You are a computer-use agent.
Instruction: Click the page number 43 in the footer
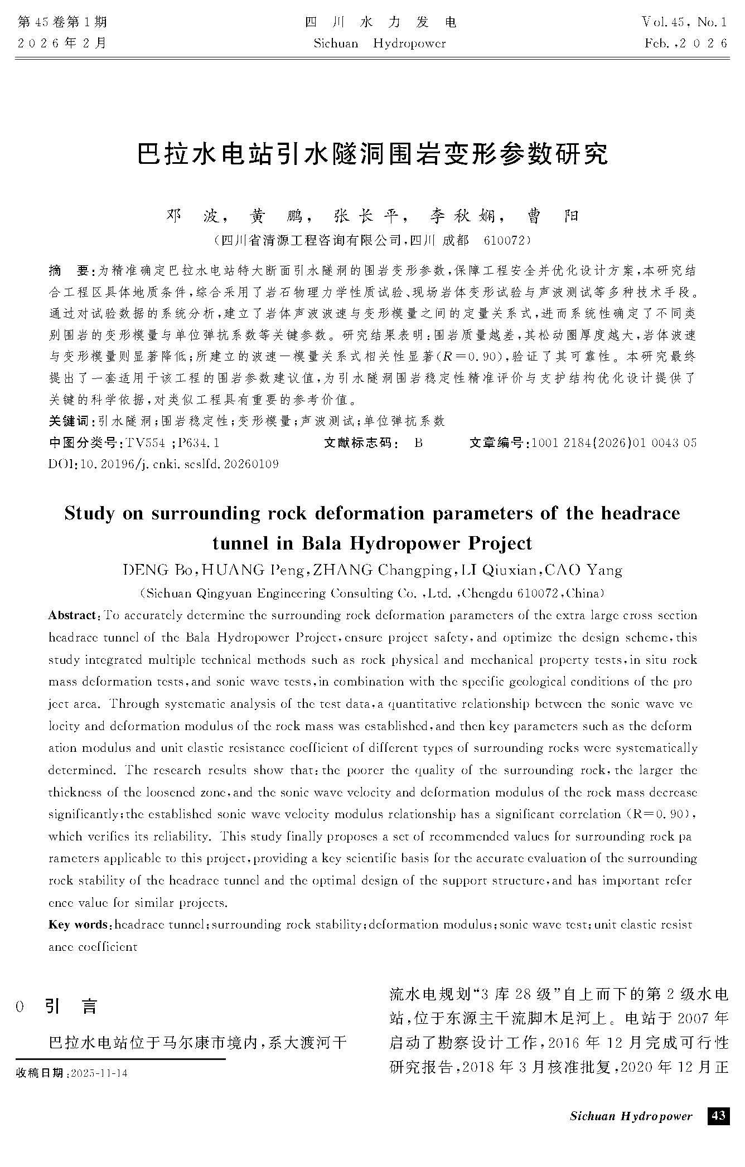[x=718, y=1115]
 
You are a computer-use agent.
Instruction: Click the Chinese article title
[x=372, y=154]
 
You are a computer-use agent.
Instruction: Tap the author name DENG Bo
[x=158, y=570]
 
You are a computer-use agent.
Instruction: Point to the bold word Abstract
[x=72, y=615]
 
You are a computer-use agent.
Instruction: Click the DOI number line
[x=164, y=464]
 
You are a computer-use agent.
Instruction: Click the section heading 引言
[x=71, y=1006]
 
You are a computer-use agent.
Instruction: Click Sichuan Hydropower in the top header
[x=380, y=43]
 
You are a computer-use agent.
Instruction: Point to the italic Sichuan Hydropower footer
[x=631, y=1116]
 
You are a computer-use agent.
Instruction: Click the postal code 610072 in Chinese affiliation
[x=505, y=241]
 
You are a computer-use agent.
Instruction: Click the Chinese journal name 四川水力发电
[x=381, y=22]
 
